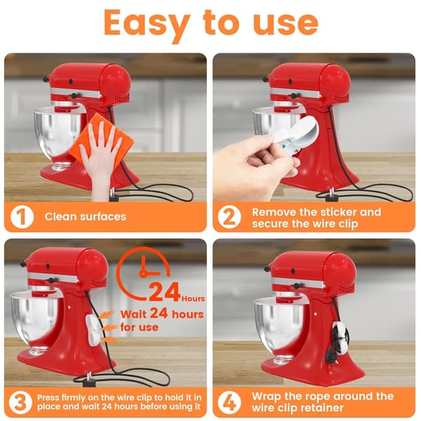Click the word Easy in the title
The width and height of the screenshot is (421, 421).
[x=147, y=24]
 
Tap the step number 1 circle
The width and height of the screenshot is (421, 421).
[x=22, y=217]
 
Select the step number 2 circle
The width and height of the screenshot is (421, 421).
[x=229, y=217]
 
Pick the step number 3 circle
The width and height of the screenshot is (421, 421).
[x=20, y=403]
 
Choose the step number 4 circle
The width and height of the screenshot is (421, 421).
[x=229, y=403]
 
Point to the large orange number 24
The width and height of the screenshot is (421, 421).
[x=164, y=292]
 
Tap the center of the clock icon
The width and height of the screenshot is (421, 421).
[x=143, y=274]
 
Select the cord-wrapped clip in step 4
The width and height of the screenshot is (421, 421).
[x=340, y=340]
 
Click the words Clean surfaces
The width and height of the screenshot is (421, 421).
[x=86, y=216]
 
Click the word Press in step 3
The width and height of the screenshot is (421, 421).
[x=48, y=397]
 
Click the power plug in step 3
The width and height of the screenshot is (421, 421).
[x=89, y=380]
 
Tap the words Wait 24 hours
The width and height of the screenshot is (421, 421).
[x=162, y=314]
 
